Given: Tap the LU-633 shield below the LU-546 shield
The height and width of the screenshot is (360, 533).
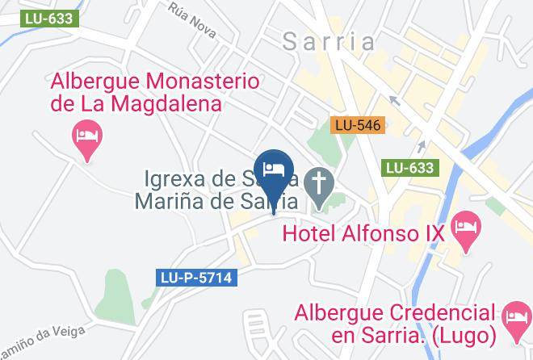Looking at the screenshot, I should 410,168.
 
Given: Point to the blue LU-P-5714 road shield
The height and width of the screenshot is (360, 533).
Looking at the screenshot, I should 195,278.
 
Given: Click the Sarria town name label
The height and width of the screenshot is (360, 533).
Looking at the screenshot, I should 329,42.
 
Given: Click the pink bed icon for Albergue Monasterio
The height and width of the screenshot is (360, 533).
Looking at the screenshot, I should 86,134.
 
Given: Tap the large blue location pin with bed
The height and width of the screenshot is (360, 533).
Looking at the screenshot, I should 274,171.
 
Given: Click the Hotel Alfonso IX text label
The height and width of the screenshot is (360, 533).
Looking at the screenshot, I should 364,233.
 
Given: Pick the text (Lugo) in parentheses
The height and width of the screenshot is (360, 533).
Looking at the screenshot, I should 455,334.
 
